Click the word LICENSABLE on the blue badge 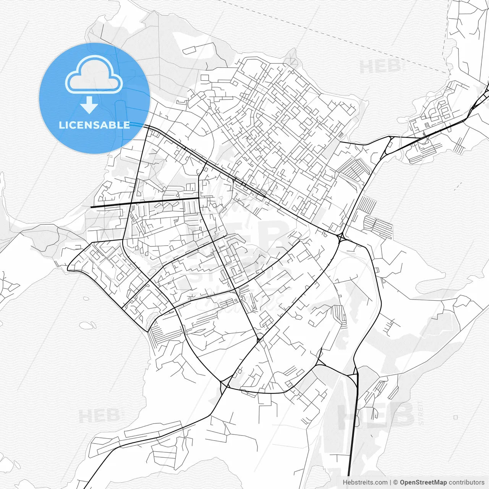(x=94, y=125)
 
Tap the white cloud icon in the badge (x=94, y=74)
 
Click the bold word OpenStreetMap (x=423, y=483)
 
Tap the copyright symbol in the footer (x=396, y=483)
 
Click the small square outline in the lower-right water (x=455, y=418)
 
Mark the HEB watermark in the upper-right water (x=380, y=67)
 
